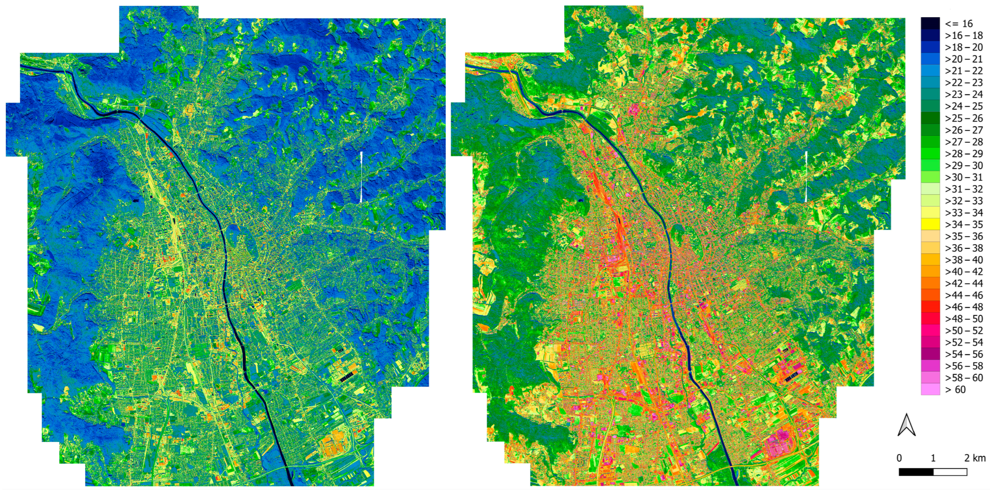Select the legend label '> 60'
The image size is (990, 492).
[955, 390]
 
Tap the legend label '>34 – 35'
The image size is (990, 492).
[964, 225]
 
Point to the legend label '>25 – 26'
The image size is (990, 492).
[964, 118]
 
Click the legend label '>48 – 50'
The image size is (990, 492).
[964, 318]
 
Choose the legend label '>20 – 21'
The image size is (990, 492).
[964, 59]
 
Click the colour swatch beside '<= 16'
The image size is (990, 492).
[930, 24]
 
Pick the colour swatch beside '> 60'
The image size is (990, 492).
[930, 390]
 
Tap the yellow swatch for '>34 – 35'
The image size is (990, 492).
[930, 225]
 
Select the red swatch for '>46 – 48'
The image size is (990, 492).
[930, 307]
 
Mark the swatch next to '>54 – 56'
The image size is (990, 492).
[930, 354]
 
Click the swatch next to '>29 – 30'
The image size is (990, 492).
[930, 165]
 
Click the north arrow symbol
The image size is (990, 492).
[906, 425]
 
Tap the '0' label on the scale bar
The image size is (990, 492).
[899, 458]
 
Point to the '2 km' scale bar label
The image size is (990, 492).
[975, 458]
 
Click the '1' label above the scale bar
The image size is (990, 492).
[933, 458]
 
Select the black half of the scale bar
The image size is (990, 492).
[916, 472]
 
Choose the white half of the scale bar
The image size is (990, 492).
[950, 472]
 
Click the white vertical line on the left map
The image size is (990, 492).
[362, 177]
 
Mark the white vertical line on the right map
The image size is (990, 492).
[805, 177]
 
